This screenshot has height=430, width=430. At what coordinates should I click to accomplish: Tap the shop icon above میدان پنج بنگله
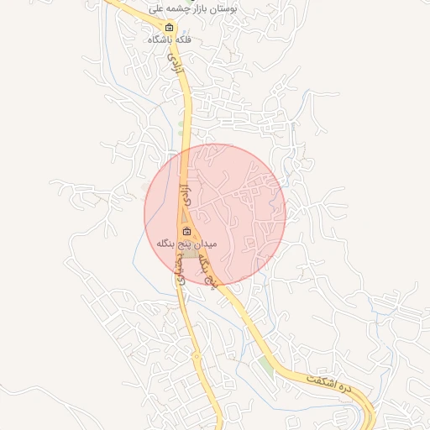click(x=186, y=232)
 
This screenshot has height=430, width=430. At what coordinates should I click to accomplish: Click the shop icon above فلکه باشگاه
click(x=169, y=28)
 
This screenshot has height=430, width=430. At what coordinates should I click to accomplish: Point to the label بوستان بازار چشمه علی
click(x=192, y=8)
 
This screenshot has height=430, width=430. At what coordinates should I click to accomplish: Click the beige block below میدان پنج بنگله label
click(x=191, y=253)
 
